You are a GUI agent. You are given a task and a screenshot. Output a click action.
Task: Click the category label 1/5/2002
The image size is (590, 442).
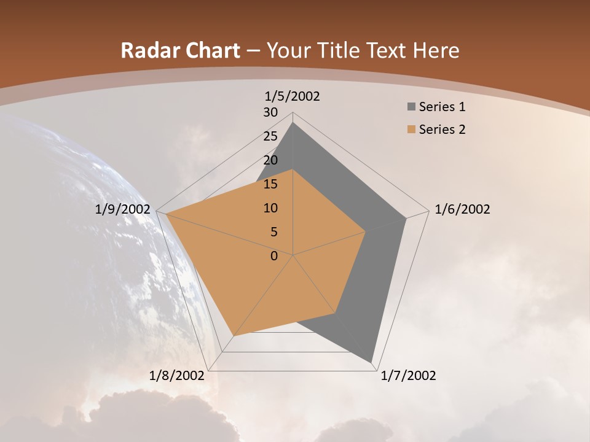293,96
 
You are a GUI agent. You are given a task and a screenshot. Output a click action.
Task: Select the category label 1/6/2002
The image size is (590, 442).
462,209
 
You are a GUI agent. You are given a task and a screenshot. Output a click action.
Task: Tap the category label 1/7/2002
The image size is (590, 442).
408,376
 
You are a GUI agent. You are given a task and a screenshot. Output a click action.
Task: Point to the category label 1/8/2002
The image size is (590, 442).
177,376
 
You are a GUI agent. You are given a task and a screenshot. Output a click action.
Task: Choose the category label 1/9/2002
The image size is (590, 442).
123,209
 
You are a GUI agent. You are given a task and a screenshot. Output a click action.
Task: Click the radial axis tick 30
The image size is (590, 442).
270,112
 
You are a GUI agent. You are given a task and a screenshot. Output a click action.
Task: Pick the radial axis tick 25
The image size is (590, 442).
270,136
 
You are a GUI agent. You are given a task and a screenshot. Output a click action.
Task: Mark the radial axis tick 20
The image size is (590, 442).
270,160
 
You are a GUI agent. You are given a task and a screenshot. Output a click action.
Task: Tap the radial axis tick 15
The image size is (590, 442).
270,184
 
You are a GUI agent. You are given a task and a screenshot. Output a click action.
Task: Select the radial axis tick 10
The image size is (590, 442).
270,208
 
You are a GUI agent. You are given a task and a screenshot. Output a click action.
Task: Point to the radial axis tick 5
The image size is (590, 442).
273,232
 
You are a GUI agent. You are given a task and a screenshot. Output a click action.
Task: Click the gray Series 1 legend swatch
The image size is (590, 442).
411,107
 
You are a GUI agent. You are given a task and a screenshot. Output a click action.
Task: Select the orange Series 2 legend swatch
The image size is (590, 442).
411,130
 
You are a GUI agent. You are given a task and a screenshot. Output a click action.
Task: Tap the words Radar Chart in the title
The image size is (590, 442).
180,50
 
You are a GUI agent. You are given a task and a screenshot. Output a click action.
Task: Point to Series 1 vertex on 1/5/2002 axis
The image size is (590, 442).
293,123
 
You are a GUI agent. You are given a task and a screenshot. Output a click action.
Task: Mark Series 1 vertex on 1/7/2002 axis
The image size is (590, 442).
371,362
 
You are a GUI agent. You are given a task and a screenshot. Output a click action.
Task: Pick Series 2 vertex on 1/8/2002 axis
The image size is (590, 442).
234,336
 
